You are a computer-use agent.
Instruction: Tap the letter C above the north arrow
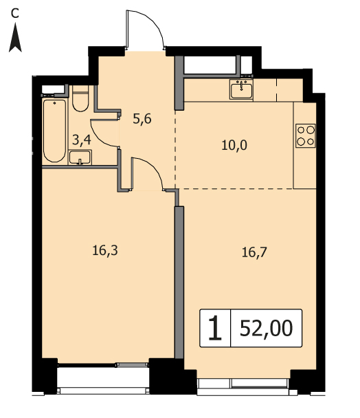pos(15,13)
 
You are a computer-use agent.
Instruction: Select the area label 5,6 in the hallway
pos(142,119)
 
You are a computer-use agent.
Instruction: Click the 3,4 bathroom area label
pos(82,140)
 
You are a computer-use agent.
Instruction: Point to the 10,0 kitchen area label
pos(234,145)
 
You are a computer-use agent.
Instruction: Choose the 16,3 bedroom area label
pos(105,251)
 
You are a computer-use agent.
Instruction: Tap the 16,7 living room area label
pos(254,252)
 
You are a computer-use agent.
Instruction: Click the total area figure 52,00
pos(266,329)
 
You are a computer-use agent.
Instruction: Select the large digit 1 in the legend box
pos(215,328)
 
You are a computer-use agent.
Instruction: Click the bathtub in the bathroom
pos(55,131)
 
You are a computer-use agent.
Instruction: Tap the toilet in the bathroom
pos(80,98)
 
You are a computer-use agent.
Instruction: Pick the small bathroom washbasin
pos(80,157)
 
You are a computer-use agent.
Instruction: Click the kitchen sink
pos(241,89)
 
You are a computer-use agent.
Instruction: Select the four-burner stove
pos(305,135)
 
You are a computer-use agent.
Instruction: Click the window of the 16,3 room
pos(103,378)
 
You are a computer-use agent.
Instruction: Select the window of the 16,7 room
pos(244,386)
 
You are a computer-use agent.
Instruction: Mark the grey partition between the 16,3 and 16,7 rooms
pos(179,283)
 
